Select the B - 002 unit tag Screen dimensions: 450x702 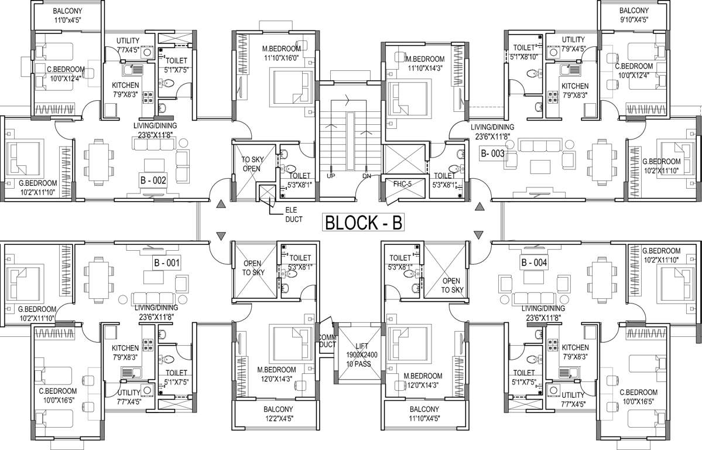153,182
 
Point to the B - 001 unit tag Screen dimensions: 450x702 167,262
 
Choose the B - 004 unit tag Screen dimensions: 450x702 533,263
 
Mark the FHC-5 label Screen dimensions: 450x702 402,183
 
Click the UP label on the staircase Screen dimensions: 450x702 330,176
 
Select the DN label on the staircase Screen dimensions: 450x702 367,176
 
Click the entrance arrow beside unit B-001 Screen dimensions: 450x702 221,236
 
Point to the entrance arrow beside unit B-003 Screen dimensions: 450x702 479,206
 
